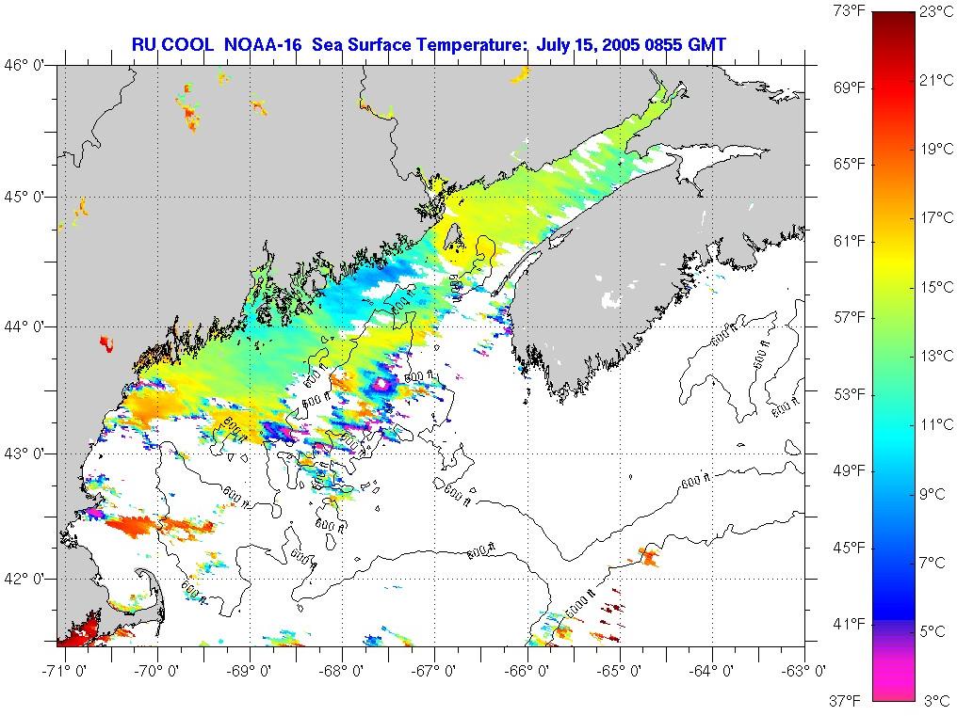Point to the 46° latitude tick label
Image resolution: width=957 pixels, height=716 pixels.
pos(29,65)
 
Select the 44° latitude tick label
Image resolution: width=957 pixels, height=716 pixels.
pos(29,326)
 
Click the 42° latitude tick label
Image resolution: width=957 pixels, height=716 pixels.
pos(29,578)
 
